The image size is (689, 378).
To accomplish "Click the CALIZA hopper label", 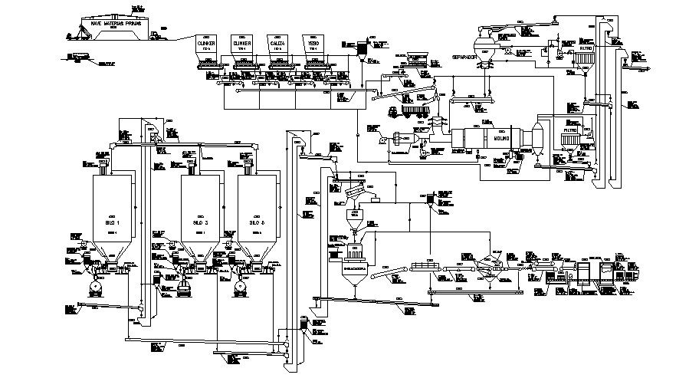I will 278,45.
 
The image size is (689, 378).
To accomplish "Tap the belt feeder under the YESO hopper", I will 315,67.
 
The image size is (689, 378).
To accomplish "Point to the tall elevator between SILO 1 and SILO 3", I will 149,222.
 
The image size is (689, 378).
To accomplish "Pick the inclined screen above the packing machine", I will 354,188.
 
